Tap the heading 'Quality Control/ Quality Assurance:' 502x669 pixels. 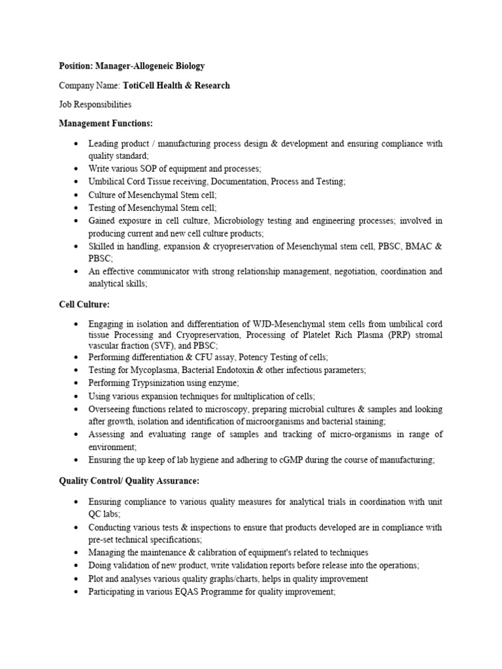coord(129,481)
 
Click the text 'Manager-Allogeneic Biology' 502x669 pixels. coord(150,67)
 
